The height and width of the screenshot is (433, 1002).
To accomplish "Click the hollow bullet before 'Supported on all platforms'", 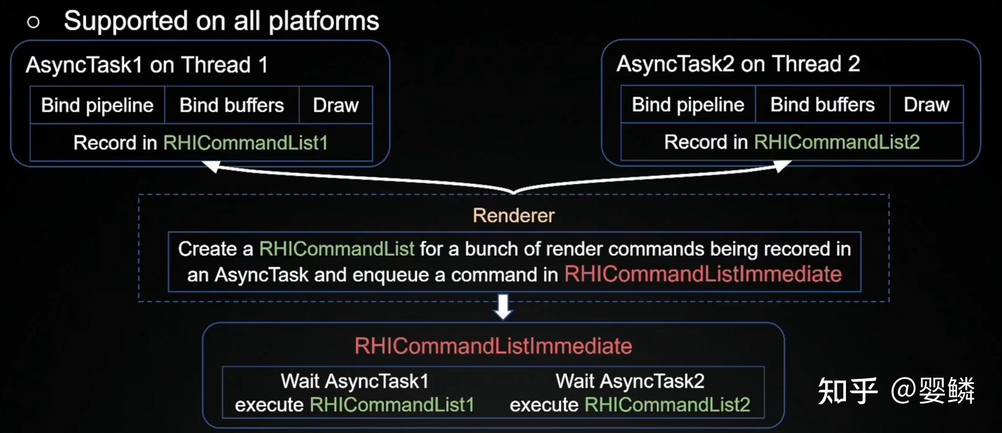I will click(x=33, y=22).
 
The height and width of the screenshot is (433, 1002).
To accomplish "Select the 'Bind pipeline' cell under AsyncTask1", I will click(x=97, y=106).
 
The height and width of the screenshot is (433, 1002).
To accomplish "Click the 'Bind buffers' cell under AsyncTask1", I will click(x=231, y=106).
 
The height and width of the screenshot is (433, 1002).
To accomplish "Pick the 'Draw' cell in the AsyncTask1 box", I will click(x=336, y=106).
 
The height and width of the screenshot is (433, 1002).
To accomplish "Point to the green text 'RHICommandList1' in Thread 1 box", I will click(x=245, y=143).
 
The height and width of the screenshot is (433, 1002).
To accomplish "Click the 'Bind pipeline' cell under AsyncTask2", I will click(x=688, y=105).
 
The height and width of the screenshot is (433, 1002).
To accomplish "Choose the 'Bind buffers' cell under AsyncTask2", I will click(x=822, y=105).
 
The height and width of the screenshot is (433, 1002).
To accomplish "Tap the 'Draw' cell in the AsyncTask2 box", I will click(x=927, y=105).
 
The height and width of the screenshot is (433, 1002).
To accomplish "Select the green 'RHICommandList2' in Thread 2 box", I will click(x=837, y=142).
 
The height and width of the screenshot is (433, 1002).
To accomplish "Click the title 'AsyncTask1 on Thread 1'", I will click(x=147, y=65).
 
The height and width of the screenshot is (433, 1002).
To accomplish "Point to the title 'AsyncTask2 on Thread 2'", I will click(x=738, y=64).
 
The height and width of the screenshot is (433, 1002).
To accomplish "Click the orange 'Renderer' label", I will click(x=514, y=216).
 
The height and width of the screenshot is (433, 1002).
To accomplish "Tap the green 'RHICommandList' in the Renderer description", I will click(x=337, y=249).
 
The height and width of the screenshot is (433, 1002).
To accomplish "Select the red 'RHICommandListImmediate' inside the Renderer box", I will click(x=703, y=274).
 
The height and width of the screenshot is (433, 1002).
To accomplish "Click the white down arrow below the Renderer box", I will click(x=503, y=307).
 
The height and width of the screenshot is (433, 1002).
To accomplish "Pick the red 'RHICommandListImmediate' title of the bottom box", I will click(x=494, y=346).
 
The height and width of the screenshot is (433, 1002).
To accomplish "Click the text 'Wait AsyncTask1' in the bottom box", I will click(x=355, y=381).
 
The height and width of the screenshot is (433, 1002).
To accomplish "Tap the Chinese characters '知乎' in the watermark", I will click(x=848, y=391).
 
